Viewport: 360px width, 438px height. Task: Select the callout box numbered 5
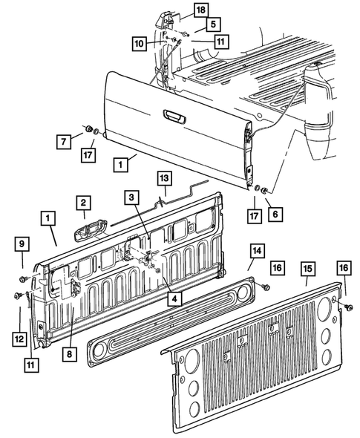pos(192,24)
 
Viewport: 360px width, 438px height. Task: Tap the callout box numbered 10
pos(140,44)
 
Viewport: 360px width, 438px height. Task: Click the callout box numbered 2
pos(82,203)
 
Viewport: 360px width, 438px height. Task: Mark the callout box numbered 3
pos(131,197)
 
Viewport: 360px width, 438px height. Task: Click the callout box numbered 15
pos(306,269)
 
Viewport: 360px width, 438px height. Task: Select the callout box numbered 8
pos(68,355)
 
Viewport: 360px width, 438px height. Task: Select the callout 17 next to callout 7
pos(88,157)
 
